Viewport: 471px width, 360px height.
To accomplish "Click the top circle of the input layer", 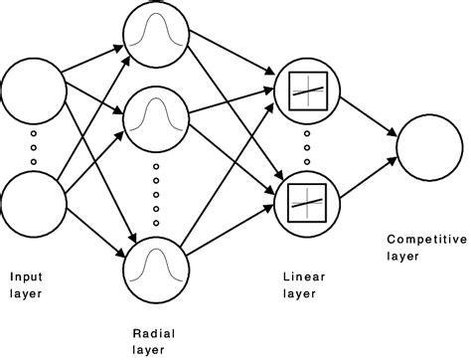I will (x=34, y=95).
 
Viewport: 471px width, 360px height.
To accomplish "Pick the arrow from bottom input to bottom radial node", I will (x=97, y=229).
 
